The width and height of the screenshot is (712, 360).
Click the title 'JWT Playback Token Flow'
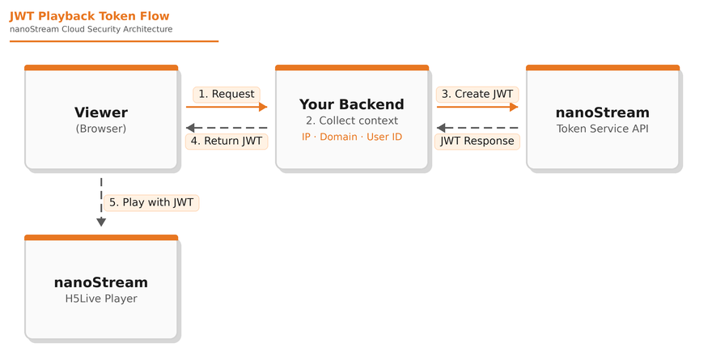[x=89, y=15]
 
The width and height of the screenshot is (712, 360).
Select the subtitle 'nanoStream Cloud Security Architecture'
[x=91, y=29]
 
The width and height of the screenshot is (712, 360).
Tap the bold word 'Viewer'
[x=101, y=112]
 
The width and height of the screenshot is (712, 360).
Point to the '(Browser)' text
[x=101, y=129]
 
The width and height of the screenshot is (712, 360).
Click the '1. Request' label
[x=227, y=94]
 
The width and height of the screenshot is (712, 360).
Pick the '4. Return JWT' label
[x=227, y=141]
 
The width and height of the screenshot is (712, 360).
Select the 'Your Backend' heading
[x=352, y=104]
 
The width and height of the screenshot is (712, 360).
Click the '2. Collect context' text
[x=352, y=121]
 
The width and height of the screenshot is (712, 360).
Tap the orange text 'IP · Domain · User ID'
[x=352, y=137]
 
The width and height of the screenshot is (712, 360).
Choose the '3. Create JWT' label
[x=477, y=94]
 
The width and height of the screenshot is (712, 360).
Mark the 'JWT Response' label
[x=477, y=141]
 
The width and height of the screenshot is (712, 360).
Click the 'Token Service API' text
[x=603, y=129]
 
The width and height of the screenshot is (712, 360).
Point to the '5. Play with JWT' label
[x=151, y=202]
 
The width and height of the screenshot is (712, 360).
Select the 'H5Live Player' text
[x=101, y=299]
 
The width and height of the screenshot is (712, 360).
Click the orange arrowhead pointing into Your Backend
[x=263, y=107]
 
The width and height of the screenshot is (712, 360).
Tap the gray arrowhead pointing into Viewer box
[x=190, y=128]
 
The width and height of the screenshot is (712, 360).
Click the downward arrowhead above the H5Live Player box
[x=101, y=222]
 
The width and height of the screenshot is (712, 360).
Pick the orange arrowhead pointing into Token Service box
[x=514, y=107]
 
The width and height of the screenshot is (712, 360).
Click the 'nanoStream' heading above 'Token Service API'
[x=603, y=112]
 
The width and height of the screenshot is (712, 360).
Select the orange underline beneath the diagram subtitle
[x=114, y=41]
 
